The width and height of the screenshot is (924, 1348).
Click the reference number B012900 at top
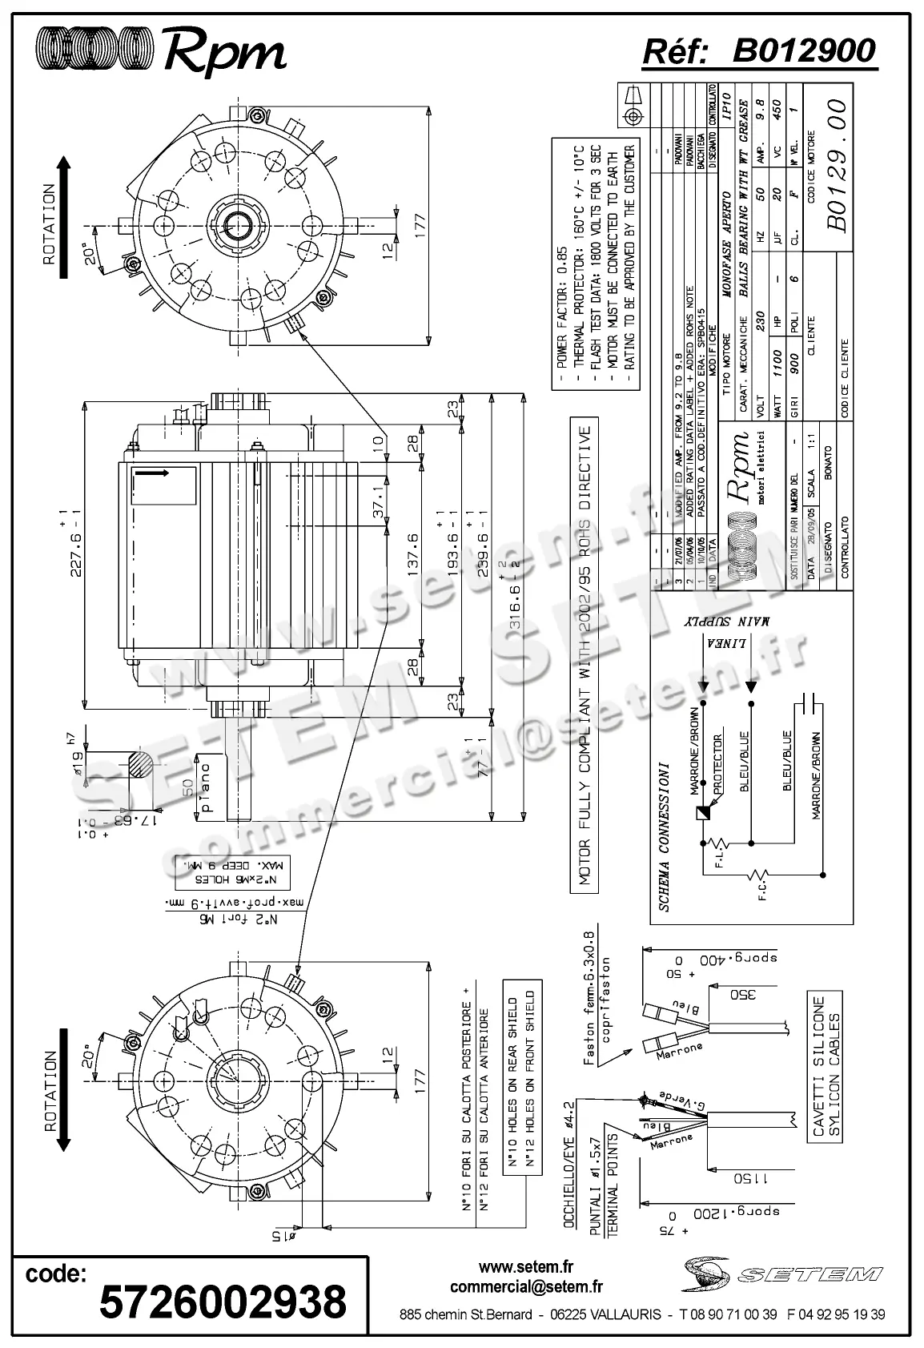[804, 51]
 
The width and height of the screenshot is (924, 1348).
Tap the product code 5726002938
[223, 1302]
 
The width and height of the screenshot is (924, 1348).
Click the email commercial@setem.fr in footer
[526, 1287]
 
